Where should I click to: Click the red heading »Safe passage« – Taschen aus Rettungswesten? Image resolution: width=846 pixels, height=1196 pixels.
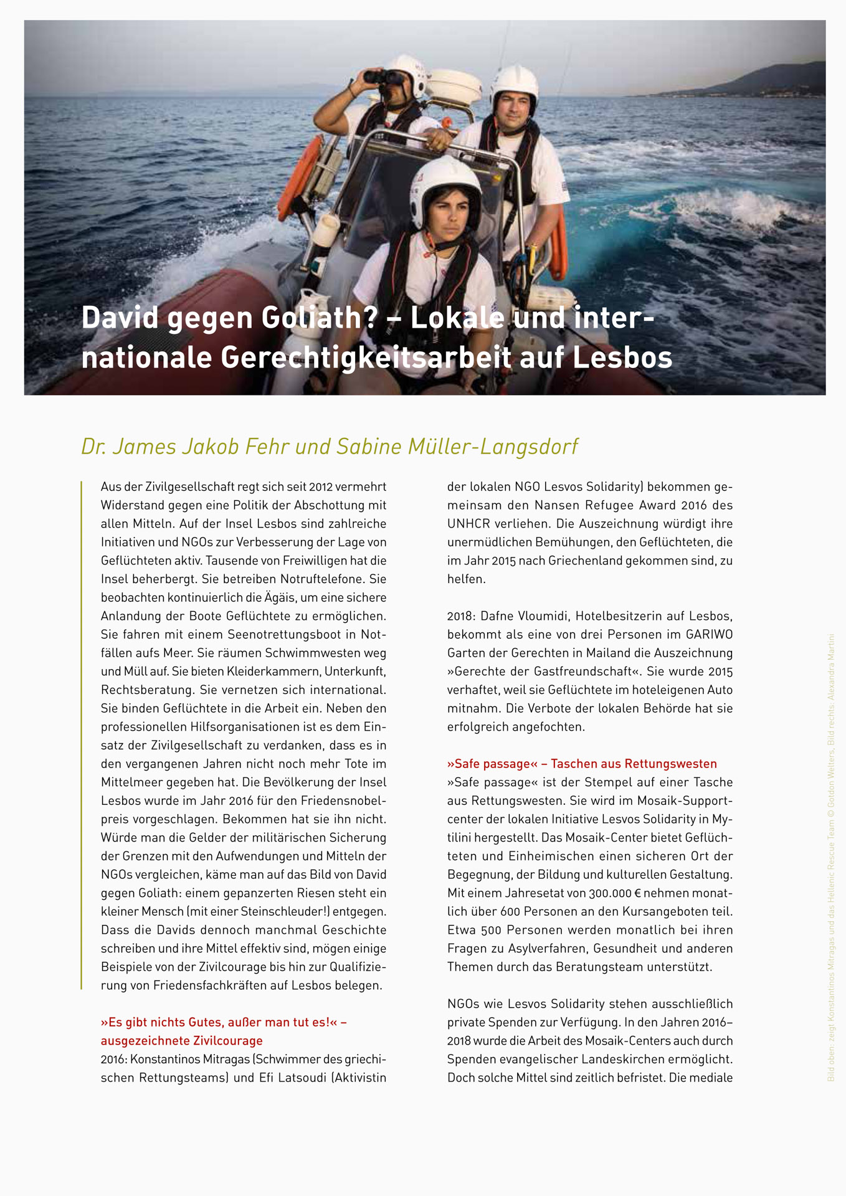(x=582, y=764)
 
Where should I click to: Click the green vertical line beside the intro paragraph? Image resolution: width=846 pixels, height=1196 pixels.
(x=82, y=735)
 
